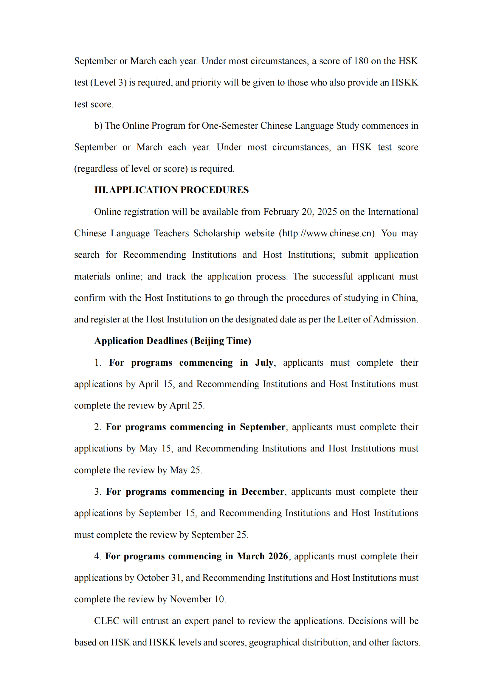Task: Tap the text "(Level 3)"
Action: click(108, 83)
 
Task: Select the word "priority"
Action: click(206, 83)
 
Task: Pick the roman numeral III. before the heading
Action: click(101, 190)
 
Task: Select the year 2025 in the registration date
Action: click(327, 212)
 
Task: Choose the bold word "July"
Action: click(264, 362)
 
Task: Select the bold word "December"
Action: click(263, 491)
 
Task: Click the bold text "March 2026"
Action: click(262, 556)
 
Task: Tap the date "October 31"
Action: click(159, 578)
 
